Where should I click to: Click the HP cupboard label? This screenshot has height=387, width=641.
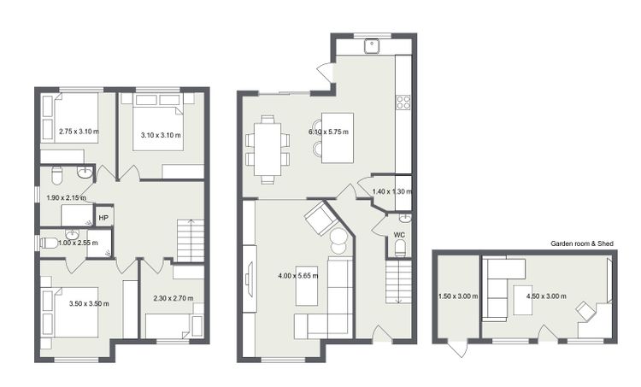(x=103, y=218)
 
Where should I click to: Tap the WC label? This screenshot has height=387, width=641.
(x=399, y=235)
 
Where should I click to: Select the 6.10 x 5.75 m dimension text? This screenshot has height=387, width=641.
(x=329, y=132)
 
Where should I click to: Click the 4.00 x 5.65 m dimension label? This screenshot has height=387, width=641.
(x=298, y=276)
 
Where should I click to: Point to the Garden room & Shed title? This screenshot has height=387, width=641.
(x=582, y=243)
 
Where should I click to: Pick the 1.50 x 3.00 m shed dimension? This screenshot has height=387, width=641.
(x=458, y=296)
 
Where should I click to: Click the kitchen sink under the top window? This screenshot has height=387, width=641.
(x=372, y=46)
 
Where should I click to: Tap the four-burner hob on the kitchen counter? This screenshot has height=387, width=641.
(x=403, y=102)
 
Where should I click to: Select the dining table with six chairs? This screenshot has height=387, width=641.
(x=268, y=150)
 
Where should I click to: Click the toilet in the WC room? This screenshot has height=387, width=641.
(x=400, y=249)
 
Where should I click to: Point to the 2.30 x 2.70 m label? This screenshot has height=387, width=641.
(x=173, y=298)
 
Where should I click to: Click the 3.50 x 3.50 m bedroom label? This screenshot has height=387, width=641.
(x=89, y=303)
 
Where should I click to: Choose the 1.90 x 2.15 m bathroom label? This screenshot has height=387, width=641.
(x=66, y=198)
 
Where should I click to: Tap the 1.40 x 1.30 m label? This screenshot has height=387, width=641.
(x=392, y=191)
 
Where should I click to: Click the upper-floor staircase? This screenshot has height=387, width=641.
(x=191, y=240)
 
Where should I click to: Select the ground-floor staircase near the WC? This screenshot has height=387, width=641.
(x=399, y=283)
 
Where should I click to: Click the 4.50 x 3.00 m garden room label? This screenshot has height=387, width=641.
(x=547, y=296)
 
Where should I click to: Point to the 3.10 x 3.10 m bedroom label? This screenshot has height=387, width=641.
(x=161, y=135)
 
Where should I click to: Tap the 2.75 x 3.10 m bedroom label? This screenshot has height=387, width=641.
(x=79, y=132)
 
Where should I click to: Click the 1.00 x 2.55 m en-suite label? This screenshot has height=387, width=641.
(x=78, y=243)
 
